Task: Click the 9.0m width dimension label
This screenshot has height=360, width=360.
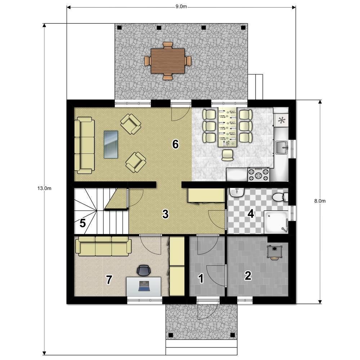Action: [181, 6]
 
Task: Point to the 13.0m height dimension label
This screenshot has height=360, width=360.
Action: [44, 189]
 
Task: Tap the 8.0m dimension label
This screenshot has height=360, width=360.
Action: [320, 201]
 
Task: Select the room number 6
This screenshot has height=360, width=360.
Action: [175, 144]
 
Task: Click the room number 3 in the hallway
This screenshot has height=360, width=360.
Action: [165, 214]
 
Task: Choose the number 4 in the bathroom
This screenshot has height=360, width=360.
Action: [251, 214]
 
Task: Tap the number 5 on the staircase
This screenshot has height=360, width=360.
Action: [83, 223]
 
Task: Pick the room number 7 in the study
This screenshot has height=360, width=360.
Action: [109, 280]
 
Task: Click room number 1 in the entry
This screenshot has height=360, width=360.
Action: [201, 279]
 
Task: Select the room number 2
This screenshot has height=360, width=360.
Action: [248, 275]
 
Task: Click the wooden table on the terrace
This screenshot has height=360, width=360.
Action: [168, 61]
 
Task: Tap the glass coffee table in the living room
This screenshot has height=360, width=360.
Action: [111, 144]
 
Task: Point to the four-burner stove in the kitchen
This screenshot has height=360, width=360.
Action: [258, 175]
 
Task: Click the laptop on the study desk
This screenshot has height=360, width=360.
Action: [144, 286]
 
